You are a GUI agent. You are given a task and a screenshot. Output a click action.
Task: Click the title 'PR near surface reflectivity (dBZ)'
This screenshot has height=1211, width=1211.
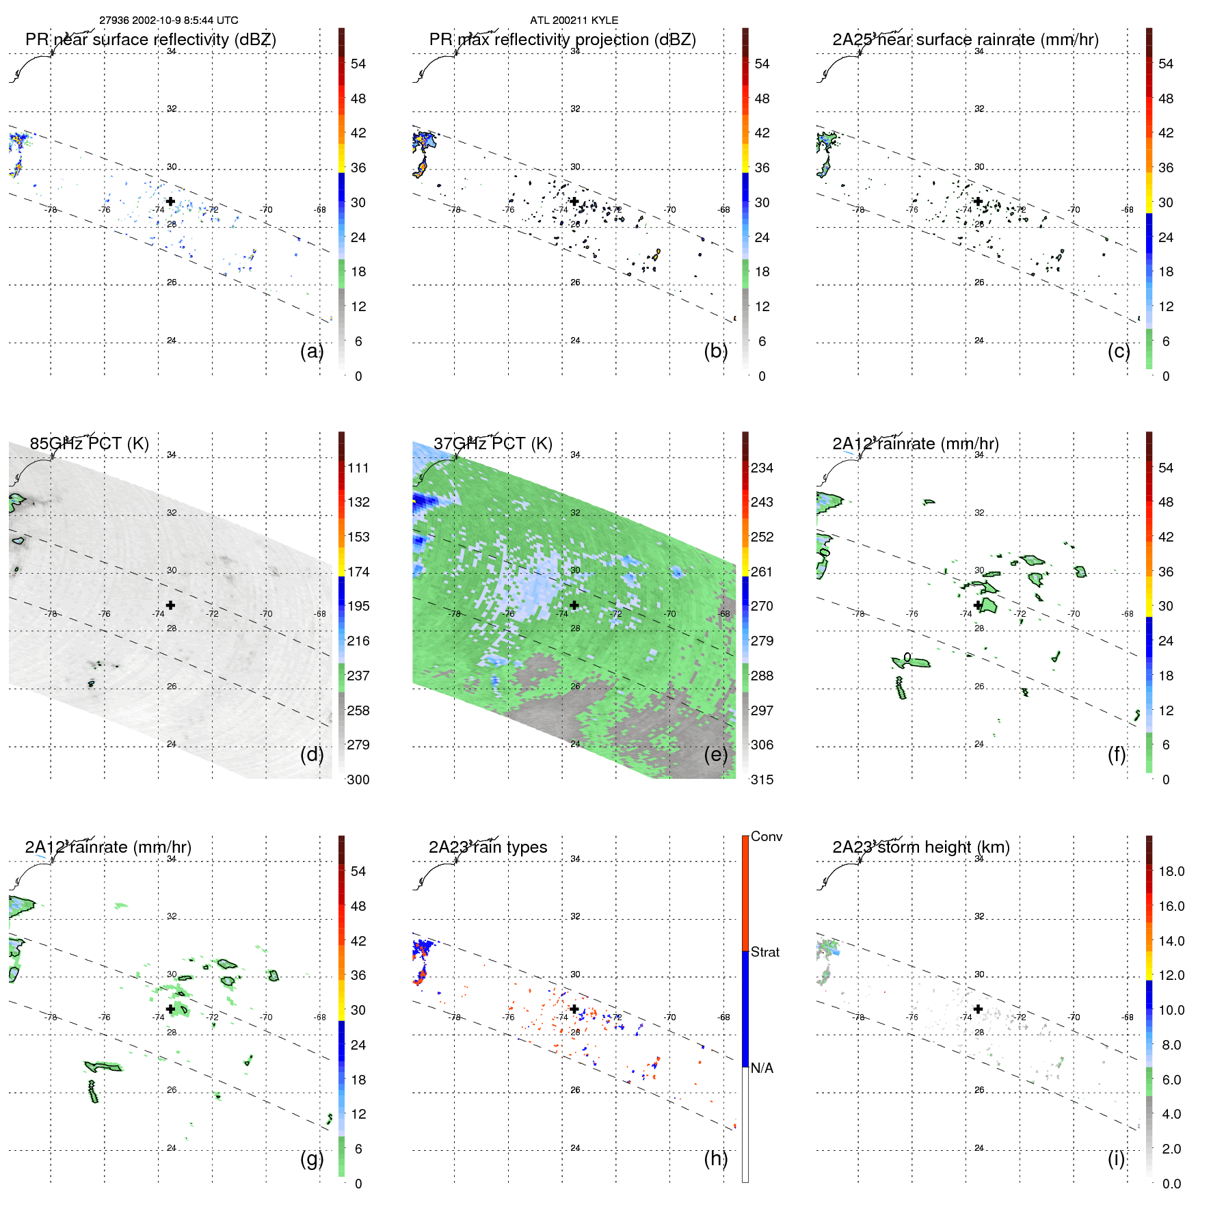pyautogui.click(x=150, y=40)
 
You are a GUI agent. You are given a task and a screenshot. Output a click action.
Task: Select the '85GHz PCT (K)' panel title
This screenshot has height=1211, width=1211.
pyautogui.click(x=89, y=444)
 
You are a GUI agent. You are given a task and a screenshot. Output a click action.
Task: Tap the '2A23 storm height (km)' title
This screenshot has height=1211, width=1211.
pyautogui.click(x=921, y=847)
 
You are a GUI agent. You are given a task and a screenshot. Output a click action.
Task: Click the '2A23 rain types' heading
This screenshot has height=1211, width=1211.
pyautogui.click(x=488, y=847)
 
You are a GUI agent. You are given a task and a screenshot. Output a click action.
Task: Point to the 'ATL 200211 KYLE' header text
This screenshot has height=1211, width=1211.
pyautogui.click(x=574, y=21)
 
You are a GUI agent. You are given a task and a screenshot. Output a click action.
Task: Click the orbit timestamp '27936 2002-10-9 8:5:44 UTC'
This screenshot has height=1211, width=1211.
pyautogui.click(x=168, y=21)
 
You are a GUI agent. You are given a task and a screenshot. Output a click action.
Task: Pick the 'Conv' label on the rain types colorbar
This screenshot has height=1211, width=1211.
pyautogui.click(x=766, y=837)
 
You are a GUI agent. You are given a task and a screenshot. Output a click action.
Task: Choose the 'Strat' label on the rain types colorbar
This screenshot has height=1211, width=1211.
pyautogui.click(x=764, y=953)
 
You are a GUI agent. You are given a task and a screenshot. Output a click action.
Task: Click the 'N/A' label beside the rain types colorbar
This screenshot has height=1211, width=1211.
pyautogui.click(x=762, y=1068)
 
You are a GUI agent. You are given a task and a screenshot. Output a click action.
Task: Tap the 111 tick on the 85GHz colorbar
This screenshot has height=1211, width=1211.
pyautogui.click(x=358, y=468)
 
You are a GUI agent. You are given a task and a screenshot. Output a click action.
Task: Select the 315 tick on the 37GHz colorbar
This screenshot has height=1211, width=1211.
pyautogui.click(x=762, y=780)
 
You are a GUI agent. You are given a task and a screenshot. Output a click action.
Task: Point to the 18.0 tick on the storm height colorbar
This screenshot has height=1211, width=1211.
pyautogui.click(x=1171, y=872)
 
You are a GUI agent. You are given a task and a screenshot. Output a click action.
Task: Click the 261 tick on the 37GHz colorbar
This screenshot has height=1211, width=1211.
pyautogui.click(x=762, y=572)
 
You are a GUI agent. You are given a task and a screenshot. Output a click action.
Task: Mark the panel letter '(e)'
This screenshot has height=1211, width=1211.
pyautogui.click(x=715, y=754)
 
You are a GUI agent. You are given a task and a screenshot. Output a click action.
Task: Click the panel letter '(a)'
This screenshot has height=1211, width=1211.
pyautogui.click(x=312, y=351)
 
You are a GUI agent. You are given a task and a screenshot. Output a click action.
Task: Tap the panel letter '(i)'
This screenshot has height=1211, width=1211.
pyautogui.click(x=1116, y=1158)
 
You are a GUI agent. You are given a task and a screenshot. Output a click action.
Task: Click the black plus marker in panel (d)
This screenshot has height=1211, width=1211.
pyautogui.click(x=170, y=605)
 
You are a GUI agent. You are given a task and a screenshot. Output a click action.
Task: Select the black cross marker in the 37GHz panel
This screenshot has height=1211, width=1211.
pyautogui.click(x=574, y=605)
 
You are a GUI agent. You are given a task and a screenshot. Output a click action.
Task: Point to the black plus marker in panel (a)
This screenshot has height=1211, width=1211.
pyautogui.click(x=170, y=202)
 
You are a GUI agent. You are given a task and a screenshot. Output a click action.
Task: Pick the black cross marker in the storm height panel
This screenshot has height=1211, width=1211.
pyautogui.click(x=978, y=1009)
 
